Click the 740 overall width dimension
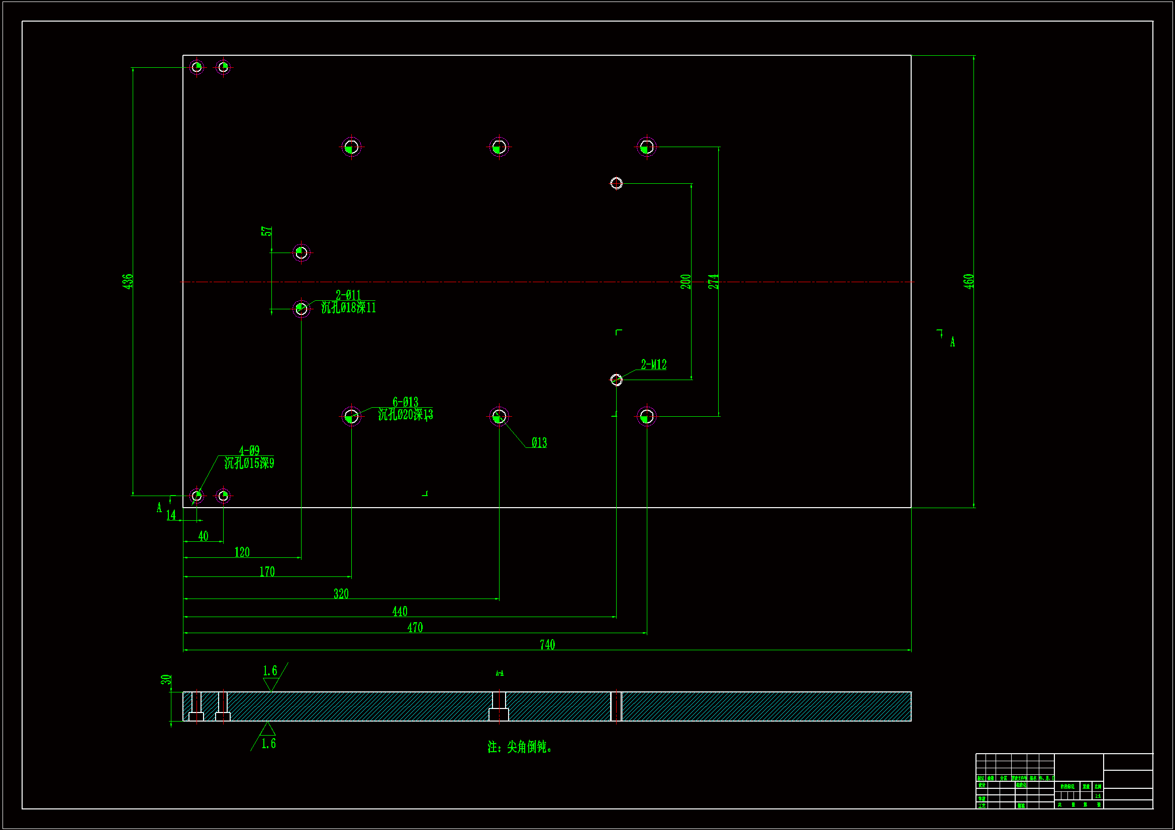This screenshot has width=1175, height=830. click(547, 644)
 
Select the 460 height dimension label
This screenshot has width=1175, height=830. click(968, 281)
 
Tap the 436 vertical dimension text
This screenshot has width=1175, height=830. click(128, 281)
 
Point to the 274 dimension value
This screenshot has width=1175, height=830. click(713, 281)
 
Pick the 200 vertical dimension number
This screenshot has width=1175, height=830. click(686, 281)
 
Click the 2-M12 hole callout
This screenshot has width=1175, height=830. click(653, 365)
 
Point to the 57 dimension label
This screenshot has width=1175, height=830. click(267, 231)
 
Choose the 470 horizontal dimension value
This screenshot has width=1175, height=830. click(415, 628)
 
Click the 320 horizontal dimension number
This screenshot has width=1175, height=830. click(341, 594)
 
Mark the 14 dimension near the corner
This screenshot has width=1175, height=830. click(171, 515)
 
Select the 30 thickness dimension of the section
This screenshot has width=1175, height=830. click(166, 680)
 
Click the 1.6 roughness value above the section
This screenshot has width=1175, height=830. click(270, 670)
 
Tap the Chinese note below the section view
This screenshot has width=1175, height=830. click(520, 747)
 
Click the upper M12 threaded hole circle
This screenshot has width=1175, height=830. click(616, 183)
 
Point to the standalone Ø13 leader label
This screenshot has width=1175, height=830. click(539, 443)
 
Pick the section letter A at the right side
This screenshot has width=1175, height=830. click(952, 342)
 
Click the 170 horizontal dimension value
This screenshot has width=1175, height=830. click(267, 571)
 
